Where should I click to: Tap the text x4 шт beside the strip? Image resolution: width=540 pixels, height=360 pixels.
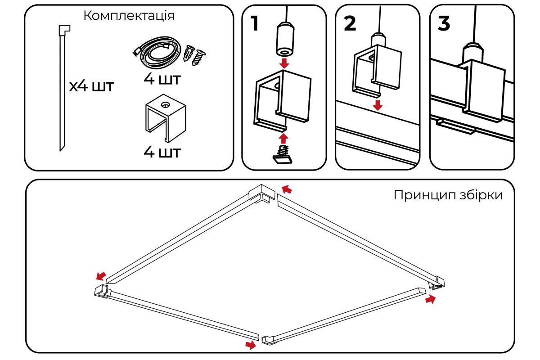92,85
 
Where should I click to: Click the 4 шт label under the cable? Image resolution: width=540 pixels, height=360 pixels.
162,80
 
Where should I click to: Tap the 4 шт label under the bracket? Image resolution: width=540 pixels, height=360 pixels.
162,152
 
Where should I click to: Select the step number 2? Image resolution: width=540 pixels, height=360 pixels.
350,23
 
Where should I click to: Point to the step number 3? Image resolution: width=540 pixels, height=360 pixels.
444,23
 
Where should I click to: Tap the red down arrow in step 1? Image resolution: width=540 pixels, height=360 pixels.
284,63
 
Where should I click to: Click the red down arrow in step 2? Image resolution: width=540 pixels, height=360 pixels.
378,105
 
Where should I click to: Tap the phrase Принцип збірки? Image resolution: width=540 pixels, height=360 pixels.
447,195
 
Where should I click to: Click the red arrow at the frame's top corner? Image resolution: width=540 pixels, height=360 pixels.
287,189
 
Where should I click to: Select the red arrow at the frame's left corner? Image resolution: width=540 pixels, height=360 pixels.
101,274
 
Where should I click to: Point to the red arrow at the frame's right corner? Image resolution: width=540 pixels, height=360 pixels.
431,299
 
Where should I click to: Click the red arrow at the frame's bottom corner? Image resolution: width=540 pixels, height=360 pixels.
250,345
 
